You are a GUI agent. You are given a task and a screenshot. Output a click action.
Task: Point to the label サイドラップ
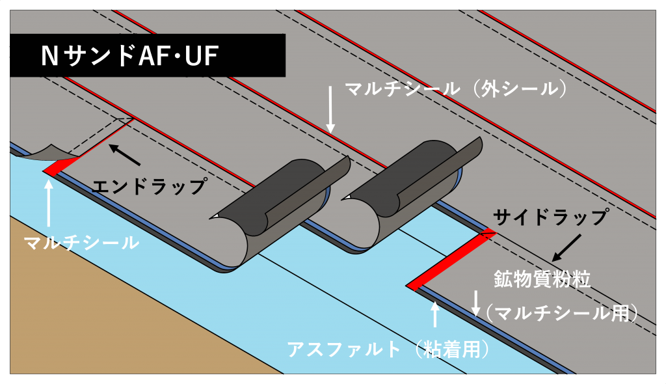550,217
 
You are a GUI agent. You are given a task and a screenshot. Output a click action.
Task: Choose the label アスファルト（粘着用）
388,350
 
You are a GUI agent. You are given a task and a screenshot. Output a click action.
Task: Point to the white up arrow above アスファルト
435,315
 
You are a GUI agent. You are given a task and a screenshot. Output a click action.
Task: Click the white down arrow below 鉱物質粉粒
476,303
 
